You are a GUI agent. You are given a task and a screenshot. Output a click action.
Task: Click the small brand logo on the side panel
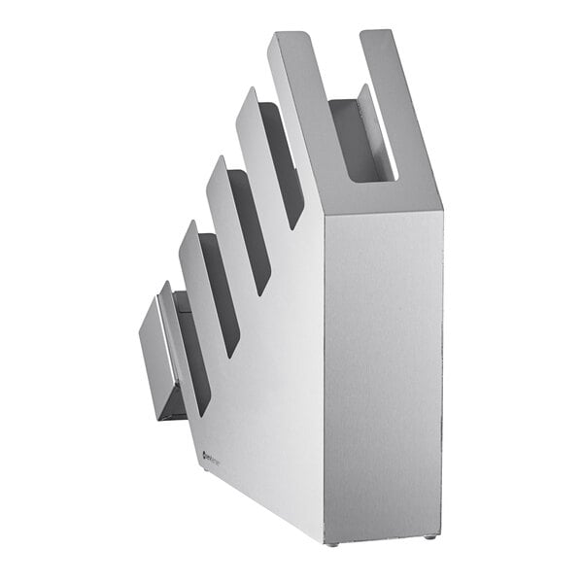click(x=211, y=453)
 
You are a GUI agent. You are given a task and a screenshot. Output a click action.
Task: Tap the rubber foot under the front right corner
click(x=429, y=537)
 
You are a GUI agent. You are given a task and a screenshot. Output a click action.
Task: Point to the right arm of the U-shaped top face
click(x=398, y=107)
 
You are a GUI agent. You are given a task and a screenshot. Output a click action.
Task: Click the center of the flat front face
click(x=384, y=374)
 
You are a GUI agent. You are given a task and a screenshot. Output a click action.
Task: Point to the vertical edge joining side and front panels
click(x=324, y=379)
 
